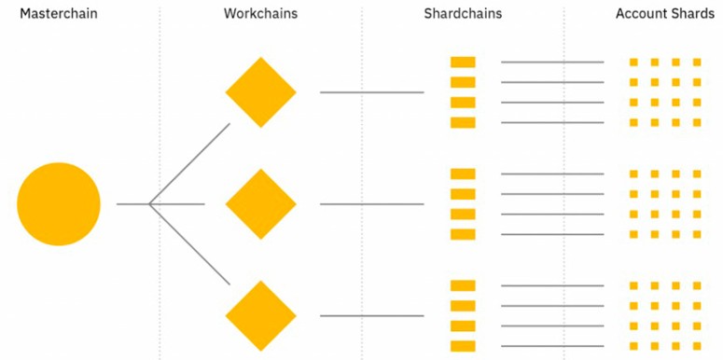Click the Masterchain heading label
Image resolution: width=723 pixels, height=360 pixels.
[59, 14]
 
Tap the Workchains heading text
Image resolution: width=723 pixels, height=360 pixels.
[260, 14]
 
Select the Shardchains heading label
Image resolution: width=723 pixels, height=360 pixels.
[463, 14]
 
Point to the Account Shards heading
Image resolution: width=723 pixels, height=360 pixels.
[665, 14]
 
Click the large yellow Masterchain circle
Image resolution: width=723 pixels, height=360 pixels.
[59, 203]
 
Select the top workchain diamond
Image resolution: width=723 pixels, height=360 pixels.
[260, 92]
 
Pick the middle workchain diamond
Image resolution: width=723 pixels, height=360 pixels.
[260, 203]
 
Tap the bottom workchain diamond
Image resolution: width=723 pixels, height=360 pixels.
[260, 316]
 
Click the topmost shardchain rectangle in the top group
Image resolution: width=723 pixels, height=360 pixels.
[463, 62]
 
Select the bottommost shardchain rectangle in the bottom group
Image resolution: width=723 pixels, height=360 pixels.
[463, 346]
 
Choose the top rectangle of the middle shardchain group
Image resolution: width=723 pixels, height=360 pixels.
[463, 173]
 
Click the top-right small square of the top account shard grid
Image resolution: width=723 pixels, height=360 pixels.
[697, 62]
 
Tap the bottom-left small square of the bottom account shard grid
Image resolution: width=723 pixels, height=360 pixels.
[633, 346]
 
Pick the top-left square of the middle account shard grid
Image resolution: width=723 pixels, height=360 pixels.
[633, 173]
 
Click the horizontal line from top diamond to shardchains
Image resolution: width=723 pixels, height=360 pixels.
[371, 92]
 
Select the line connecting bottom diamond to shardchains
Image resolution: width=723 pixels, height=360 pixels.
[371, 316]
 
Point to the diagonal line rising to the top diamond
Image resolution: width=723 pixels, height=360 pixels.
[189, 163]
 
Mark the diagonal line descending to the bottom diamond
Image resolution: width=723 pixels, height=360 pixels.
[189, 244]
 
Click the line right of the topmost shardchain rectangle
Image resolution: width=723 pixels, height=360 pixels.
[552, 62]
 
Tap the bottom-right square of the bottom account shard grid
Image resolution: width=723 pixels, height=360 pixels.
[697, 346]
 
